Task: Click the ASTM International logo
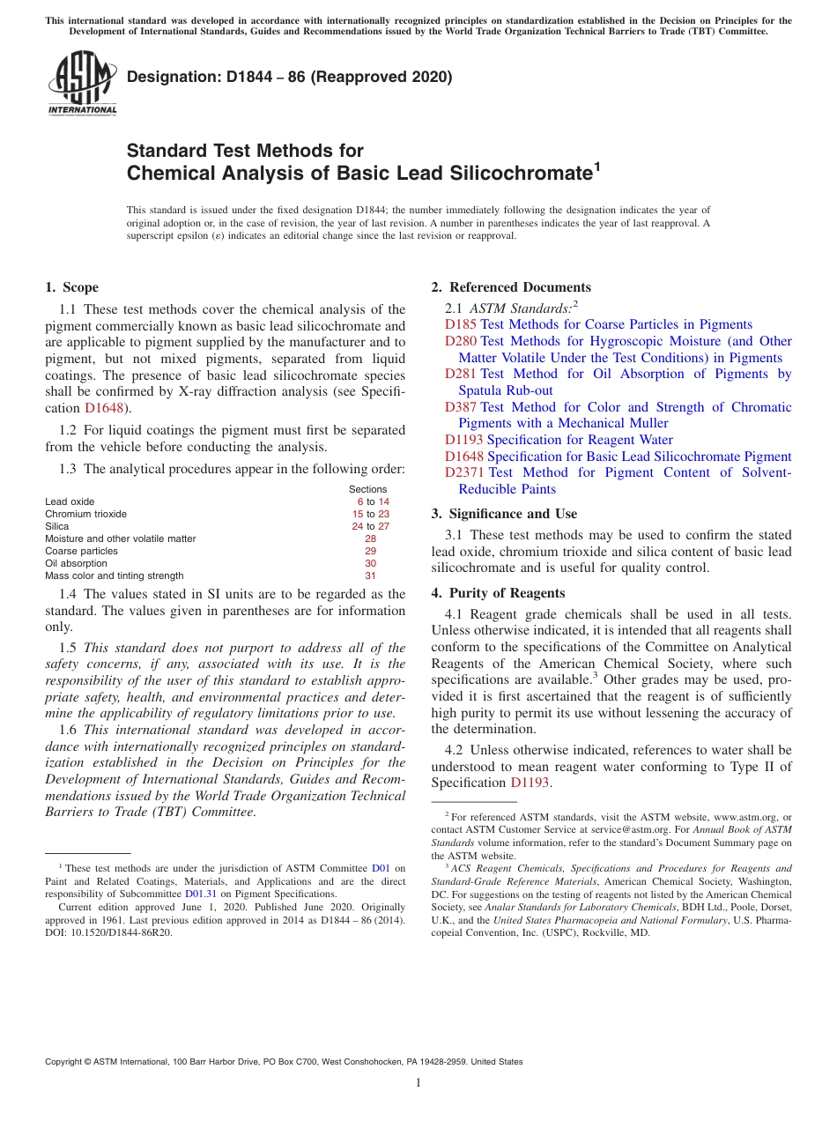coord(82,83)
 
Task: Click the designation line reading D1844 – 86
coord(289,77)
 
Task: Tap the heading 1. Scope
coord(71,287)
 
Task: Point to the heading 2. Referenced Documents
coord(511,287)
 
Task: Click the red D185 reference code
coord(461,324)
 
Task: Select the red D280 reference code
coord(461,341)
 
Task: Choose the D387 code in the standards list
coord(461,407)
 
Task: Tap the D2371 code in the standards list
coord(464,472)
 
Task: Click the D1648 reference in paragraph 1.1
coord(103,408)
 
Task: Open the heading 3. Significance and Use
coord(504,514)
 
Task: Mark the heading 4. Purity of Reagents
coord(498,593)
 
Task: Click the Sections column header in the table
coord(367,489)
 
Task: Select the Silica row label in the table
coord(57,526)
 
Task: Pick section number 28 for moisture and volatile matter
coord(370,538)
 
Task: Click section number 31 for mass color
coord(370,575)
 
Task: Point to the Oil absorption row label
coord(76,563)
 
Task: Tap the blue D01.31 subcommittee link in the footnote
coord(200,893)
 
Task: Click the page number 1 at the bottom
coord(418,1083)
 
